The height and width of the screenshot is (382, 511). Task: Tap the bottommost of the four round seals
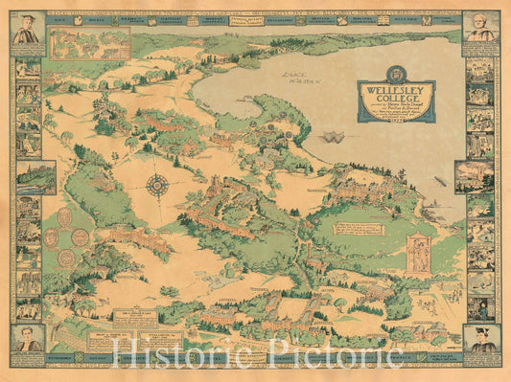tap(66, 258)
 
